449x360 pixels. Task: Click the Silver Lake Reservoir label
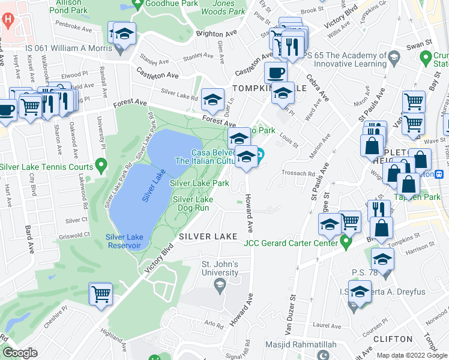tap(124, 241)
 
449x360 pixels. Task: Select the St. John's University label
tap(219, 269)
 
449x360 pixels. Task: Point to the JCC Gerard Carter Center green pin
tap(345, 243)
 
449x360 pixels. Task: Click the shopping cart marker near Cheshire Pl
tap(101, 294)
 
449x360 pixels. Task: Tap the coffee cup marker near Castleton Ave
tap(276, 73)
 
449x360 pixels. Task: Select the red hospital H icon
tap(7, 19)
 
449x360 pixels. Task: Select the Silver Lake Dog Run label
tap(193, 203)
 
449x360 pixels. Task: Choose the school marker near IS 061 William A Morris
tap(124, 34)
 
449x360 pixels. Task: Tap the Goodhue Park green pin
tap(137, 4)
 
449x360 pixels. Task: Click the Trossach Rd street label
tap(298, 174)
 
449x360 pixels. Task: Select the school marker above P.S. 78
tap(382, 260)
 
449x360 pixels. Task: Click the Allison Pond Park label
tap(71, 7)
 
